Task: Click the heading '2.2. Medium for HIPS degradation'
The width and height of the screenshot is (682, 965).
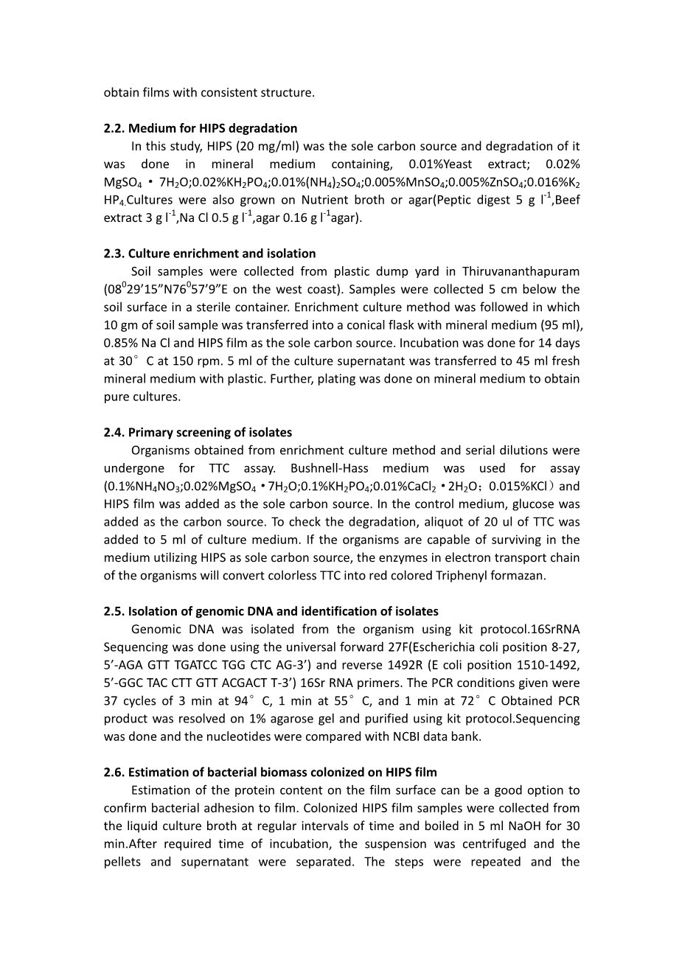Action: [201, 128]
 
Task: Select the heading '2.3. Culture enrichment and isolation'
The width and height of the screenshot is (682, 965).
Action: [209, 254]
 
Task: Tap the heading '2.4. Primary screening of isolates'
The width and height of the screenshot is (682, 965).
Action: [198, 432]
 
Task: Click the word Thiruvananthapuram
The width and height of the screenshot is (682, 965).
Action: [515, 271]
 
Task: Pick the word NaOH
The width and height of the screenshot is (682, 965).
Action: [514, 826]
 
